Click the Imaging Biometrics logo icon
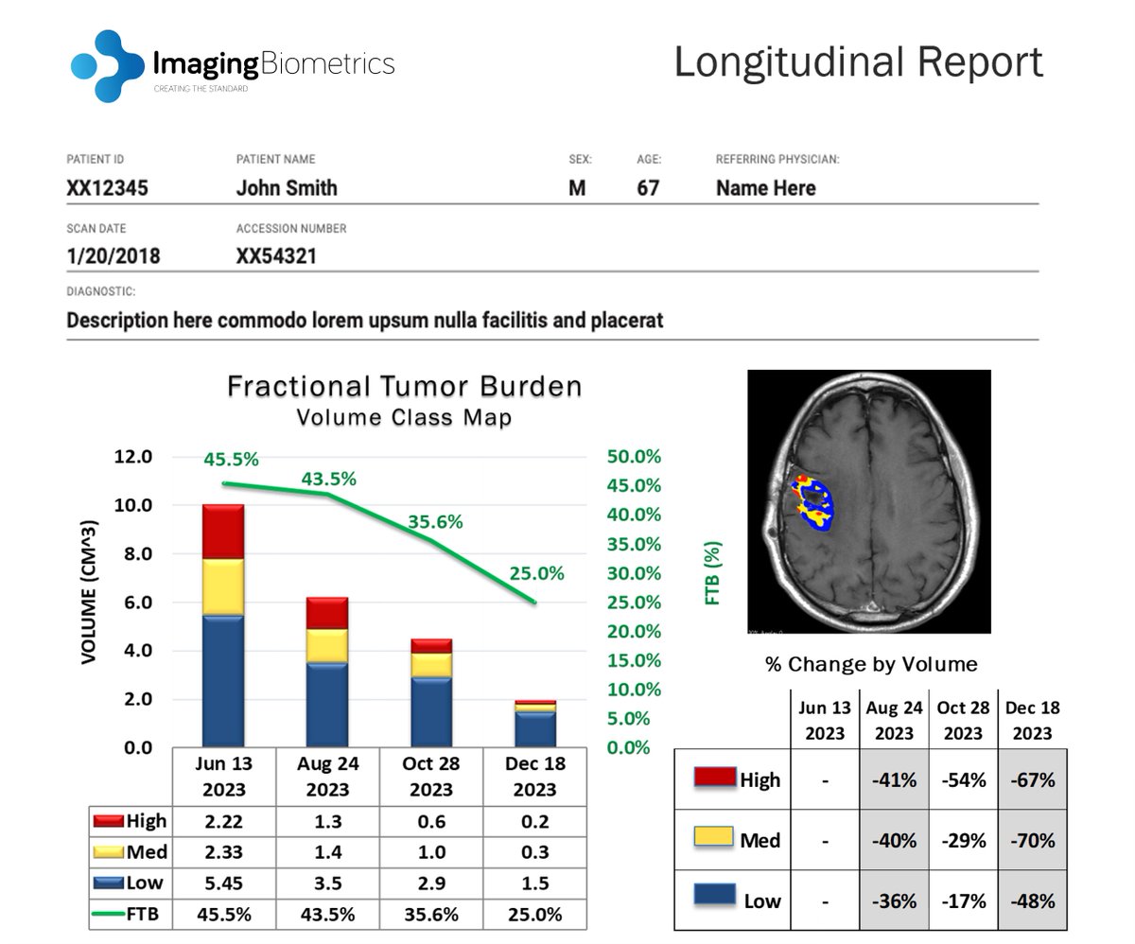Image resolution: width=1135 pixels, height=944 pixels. (106, 66)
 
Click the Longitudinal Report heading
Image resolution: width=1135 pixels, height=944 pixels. (858, 63)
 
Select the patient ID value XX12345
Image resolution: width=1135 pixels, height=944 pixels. (107, 188)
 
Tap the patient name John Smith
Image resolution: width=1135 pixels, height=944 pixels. (286, 188)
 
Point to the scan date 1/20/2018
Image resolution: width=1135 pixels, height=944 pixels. (113, 255)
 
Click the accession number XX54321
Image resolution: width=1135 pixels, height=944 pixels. (276, 255)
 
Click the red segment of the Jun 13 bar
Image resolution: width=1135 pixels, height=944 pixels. (223, 532)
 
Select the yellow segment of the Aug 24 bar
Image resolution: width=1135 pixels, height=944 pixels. (327, 644)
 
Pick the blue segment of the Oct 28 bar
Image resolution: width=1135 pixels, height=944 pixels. (430, 711)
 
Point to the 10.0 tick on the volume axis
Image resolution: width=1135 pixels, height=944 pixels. (133, 505)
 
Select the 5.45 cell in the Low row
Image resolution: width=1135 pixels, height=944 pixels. (223, 883)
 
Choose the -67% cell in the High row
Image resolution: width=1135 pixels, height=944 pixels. (1032, 780)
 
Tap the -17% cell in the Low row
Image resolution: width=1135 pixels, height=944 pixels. (963, 900)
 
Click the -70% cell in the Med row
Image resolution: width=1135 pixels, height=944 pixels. (1032, 840)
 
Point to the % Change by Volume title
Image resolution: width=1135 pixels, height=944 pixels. (870, 664)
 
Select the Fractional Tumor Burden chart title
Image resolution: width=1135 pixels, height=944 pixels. (404, 387)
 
